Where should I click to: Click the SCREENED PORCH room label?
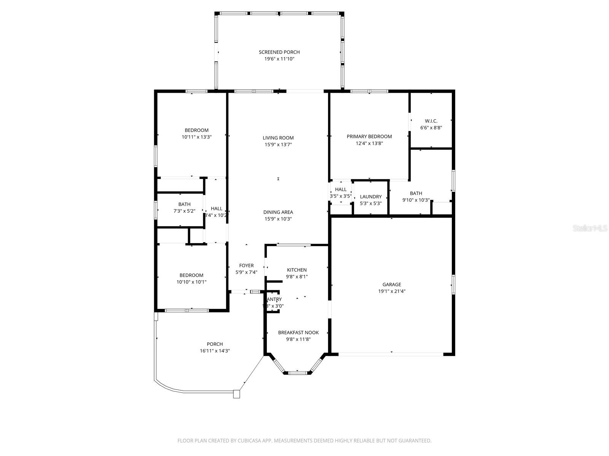[279, 52]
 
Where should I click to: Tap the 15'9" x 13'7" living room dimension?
[278, 145]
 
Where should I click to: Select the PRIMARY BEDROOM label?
[369, 136]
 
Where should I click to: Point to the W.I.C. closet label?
[431, 121]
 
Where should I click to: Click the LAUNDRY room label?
[371, 196]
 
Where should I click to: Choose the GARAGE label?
[392, 284]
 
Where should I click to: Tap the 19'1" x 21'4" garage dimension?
[392, 291]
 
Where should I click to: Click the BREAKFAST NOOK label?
[298, 332]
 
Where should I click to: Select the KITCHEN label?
[297, 270]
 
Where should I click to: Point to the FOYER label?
[246, 266]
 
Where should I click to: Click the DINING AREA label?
[278, 212]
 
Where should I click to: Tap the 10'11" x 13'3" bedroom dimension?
[196, 137]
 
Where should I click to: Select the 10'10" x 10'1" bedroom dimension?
[191, 282]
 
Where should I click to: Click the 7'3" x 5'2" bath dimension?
[184, 211]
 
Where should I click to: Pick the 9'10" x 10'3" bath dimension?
[416, 200]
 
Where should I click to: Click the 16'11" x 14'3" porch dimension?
[215, 351]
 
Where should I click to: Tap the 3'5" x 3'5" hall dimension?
[341, 196]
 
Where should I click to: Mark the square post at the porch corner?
[237, 394]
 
